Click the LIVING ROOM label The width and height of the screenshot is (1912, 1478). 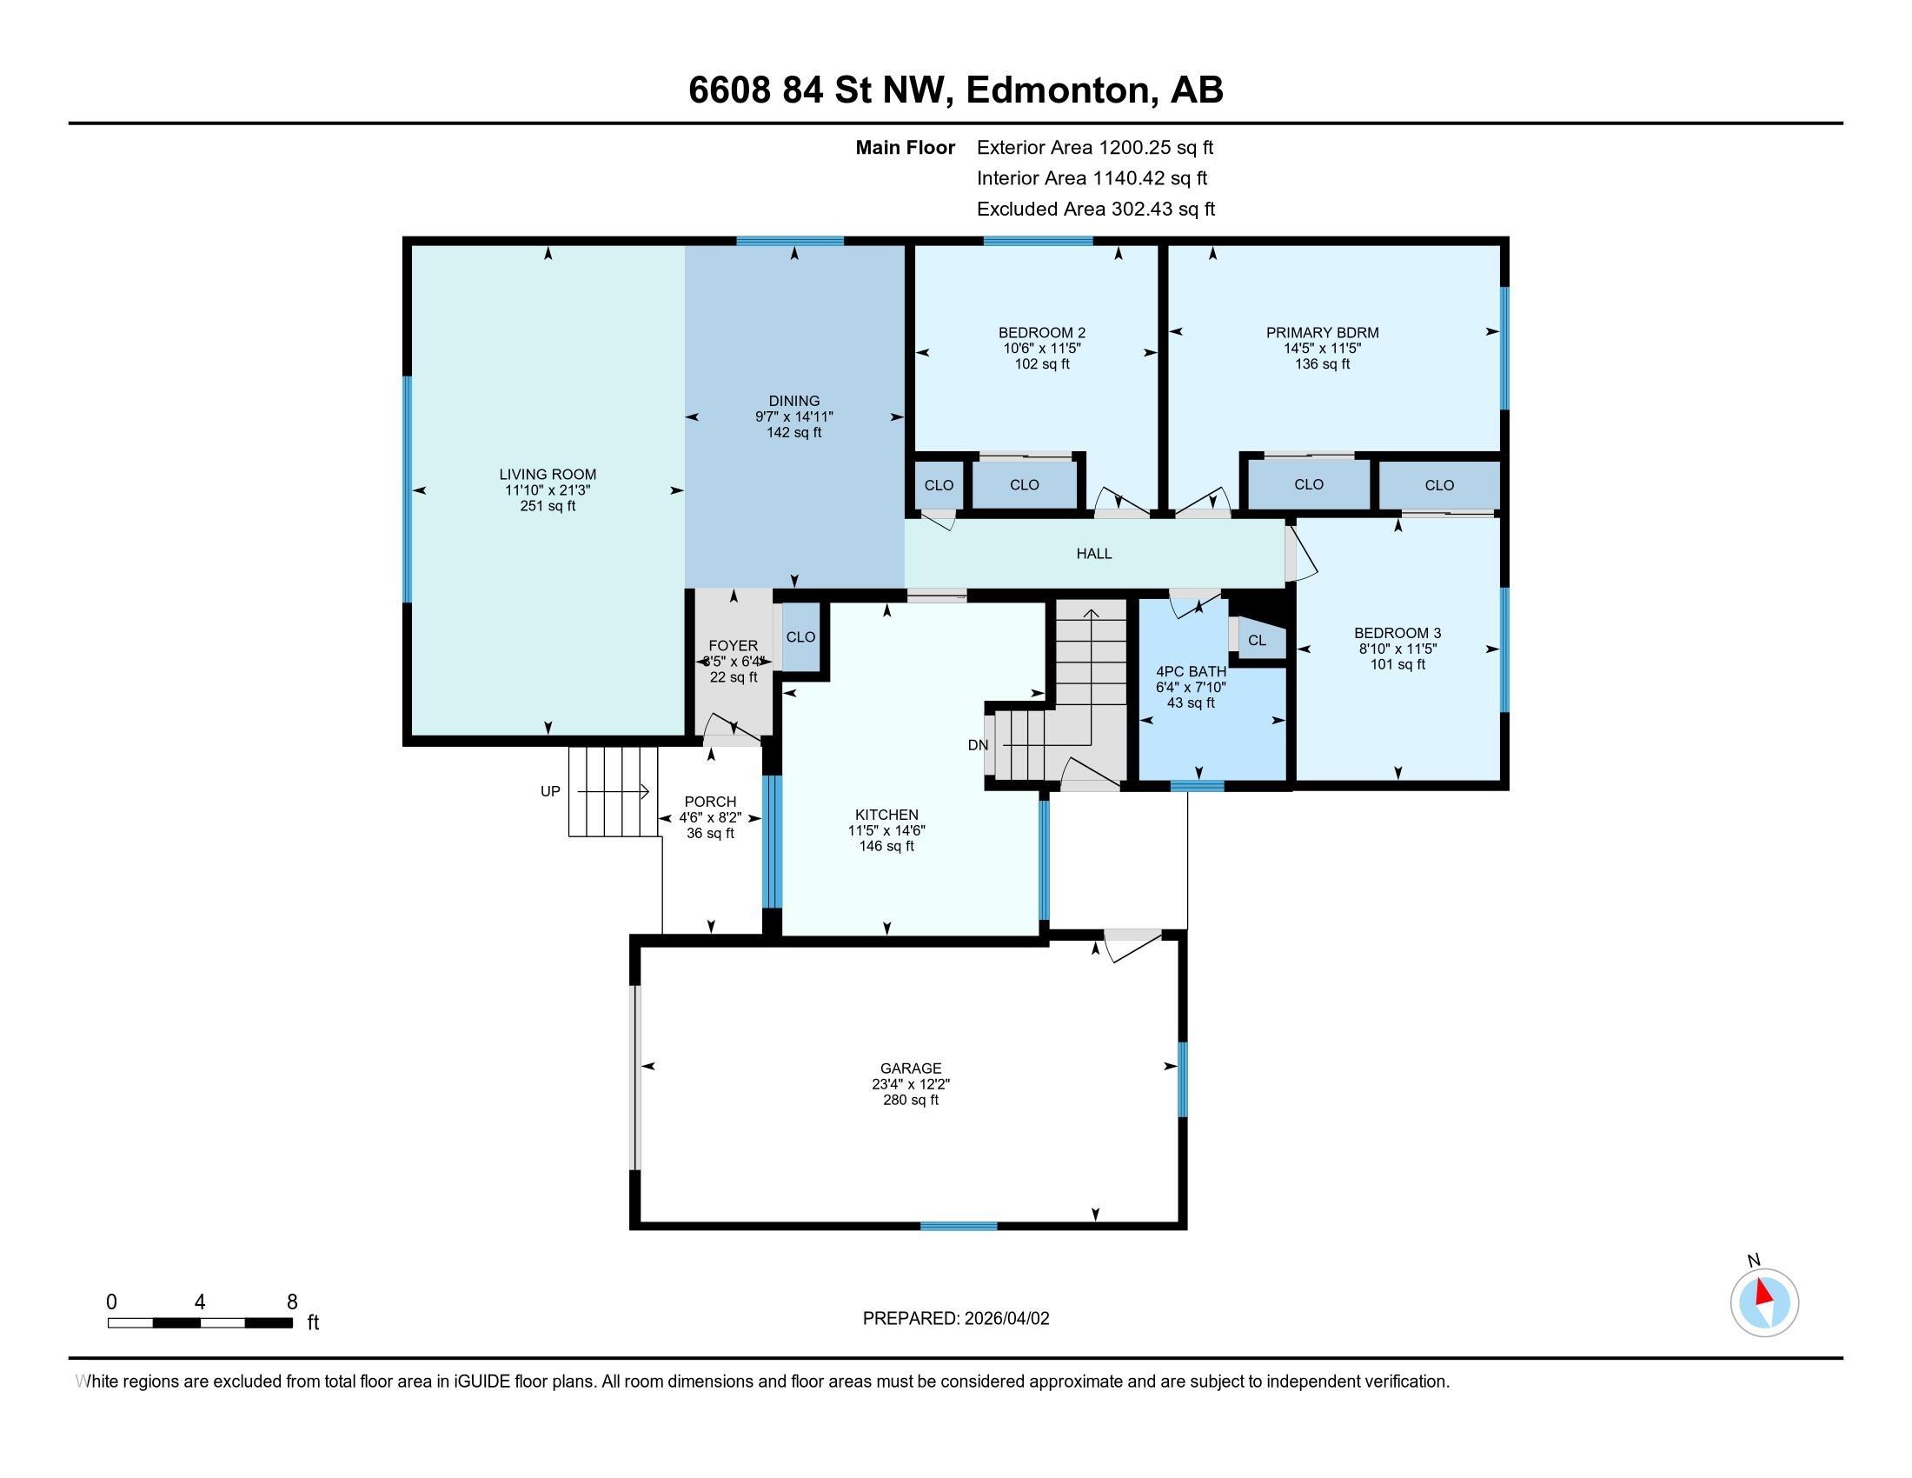(x=548, y=475)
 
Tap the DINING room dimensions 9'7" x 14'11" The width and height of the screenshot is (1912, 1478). (x=794, y=416)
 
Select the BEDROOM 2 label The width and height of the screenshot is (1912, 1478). (x=1042, y=333)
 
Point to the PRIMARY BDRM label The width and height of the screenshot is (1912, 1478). (x=1322, y=333)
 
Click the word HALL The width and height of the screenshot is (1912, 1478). (x=1093, y=553)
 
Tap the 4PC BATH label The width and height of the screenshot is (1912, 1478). (x=1191, y=671)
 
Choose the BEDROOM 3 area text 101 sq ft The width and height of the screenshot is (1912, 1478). (x=1397, y=664)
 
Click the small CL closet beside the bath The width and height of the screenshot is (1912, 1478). (x=1257, y=640)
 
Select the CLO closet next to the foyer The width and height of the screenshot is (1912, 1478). (x=800, y=636)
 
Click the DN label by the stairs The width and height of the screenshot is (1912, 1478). (x=978, y=745)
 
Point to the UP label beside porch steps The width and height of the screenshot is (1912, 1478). (x=550, y=791)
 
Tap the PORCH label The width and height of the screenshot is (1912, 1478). (x=710, y=802)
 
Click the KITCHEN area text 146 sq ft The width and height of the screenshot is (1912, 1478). (x=886, y=846)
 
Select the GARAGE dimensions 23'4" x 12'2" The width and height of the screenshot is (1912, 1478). (x=911, y=1084)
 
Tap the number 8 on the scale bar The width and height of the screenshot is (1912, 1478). (x=292, y=1302)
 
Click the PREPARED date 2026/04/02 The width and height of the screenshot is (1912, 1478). (x=1005, y=1319)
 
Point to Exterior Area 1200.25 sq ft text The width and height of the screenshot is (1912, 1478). (x=1094, y=147)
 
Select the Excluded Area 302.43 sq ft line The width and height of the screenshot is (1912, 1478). (x=1095, y=209)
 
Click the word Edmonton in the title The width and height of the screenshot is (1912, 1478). (x=1058, y=90)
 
